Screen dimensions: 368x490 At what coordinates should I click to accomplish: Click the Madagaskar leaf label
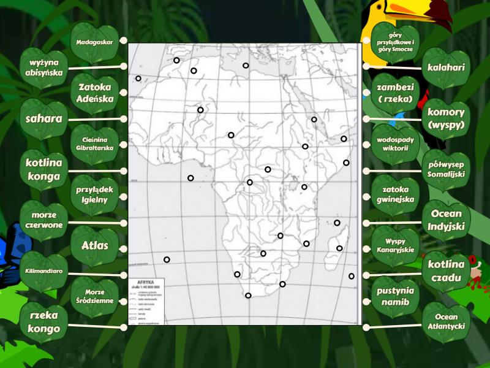click(x=95, y=42)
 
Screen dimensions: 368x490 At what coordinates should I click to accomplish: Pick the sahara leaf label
click(x=44, y=119)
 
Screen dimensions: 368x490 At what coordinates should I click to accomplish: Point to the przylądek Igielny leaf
click(x=95, y=195)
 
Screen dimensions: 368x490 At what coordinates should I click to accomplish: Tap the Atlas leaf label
click(x=95, y=246)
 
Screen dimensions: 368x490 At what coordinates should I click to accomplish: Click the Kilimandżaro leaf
click(x=44, y=271)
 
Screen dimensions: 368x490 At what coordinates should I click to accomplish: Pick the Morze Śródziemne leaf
click(x=95, y=297)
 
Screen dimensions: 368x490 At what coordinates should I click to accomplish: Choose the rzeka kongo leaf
click(x=44, y=323)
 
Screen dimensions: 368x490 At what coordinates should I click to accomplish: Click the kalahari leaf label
click(x=446, y=67)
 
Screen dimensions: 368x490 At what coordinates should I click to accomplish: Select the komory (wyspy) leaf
click(x=446, y=118)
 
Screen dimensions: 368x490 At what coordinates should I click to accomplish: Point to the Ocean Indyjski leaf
click(x=446, y=220)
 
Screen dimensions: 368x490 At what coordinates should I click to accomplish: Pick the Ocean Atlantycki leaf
click(x=446, y=322)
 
